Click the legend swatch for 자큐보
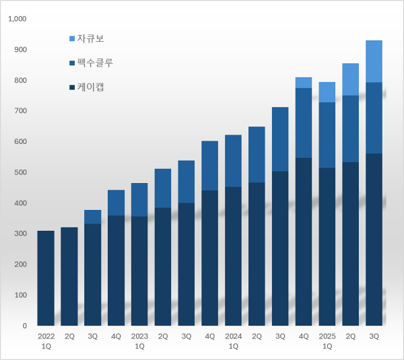coord(71,39)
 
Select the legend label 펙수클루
coord(94,63)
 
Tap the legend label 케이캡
coord(90,87)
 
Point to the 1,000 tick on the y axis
coord(17,19)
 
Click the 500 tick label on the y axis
coord(20,172)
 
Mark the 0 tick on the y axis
coord(24,326)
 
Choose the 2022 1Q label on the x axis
coord(46,340)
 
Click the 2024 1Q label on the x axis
coord(233,340)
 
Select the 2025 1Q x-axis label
coord(327,340)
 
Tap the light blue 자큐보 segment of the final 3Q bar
coord(374,61)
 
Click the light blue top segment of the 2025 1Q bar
coord(327,92)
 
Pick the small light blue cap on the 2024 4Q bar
coord(303,83)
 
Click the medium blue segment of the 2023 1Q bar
coord(139,200)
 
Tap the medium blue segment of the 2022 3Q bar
coord(92,217)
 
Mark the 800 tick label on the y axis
coord(20,81)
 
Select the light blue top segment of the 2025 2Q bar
coord(350,79)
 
